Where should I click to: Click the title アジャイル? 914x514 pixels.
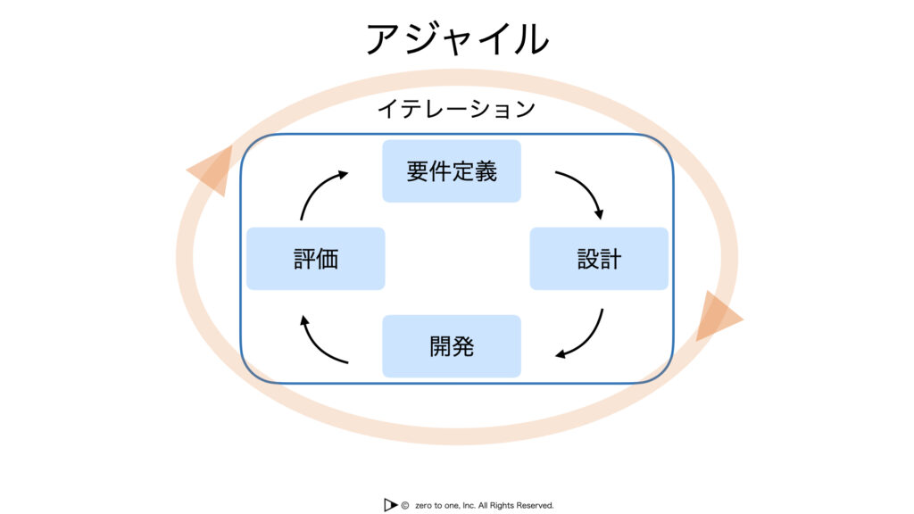457,38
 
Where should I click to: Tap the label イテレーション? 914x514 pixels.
456,109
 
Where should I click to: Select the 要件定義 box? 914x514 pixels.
452,170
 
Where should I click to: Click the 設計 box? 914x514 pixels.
599,258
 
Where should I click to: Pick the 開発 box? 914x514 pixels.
452,346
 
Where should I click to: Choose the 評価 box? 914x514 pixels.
315,258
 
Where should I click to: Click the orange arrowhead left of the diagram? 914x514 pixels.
212,170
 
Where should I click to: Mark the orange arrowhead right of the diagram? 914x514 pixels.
718,317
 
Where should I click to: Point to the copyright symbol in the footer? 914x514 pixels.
405,505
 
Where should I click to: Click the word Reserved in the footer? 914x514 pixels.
536,505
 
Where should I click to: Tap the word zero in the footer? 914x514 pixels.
423,506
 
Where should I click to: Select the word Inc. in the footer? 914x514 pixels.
469,505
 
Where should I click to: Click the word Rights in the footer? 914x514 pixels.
502,505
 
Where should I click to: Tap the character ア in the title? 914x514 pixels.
383,39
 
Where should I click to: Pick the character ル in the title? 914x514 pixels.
530,39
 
